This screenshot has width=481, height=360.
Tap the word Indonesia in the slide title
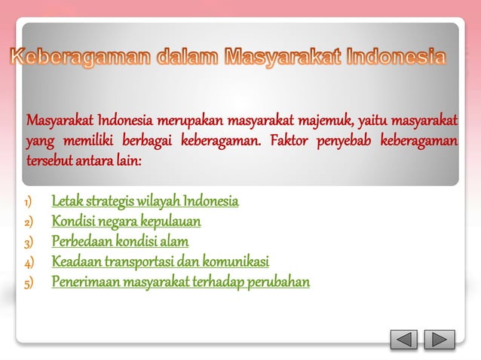coord(395,57)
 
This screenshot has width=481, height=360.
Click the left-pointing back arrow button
coord(404,340)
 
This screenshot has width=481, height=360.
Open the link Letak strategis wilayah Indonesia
coord(145,201)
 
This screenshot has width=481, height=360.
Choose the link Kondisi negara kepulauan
coord(126,221)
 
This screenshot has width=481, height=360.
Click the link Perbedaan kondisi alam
coord(120,242)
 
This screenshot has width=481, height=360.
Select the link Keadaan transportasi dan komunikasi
coord(160,262)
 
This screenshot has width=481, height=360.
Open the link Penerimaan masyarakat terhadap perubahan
coord(181,282)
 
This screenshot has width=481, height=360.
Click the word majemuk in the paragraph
coord(326,121)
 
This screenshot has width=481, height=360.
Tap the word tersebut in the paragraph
coord(49,161)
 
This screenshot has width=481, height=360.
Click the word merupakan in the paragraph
coord(191,121)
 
